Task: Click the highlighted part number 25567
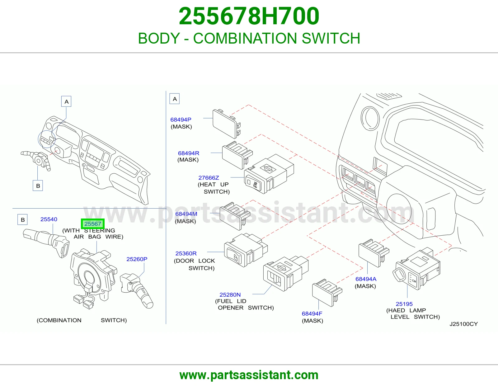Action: [x=93, y=224]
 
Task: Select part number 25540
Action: [x=49, y=219]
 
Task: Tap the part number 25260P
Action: [x=137, y=259]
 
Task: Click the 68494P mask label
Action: [x=181, y=120]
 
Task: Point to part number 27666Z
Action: [x=209, y=178]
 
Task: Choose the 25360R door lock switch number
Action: [x=186, y=253]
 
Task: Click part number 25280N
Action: [x=230, y=294]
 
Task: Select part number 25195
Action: [x=404, y=304]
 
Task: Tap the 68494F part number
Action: [x=312, y=313]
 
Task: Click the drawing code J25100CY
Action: [x=464, y=324]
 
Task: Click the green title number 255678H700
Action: [x=249, y=16]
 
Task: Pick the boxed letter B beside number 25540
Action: [x=23, y=219]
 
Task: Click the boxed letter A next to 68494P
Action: [x=175, y=99]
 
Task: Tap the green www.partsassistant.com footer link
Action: [x=249, y=375]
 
